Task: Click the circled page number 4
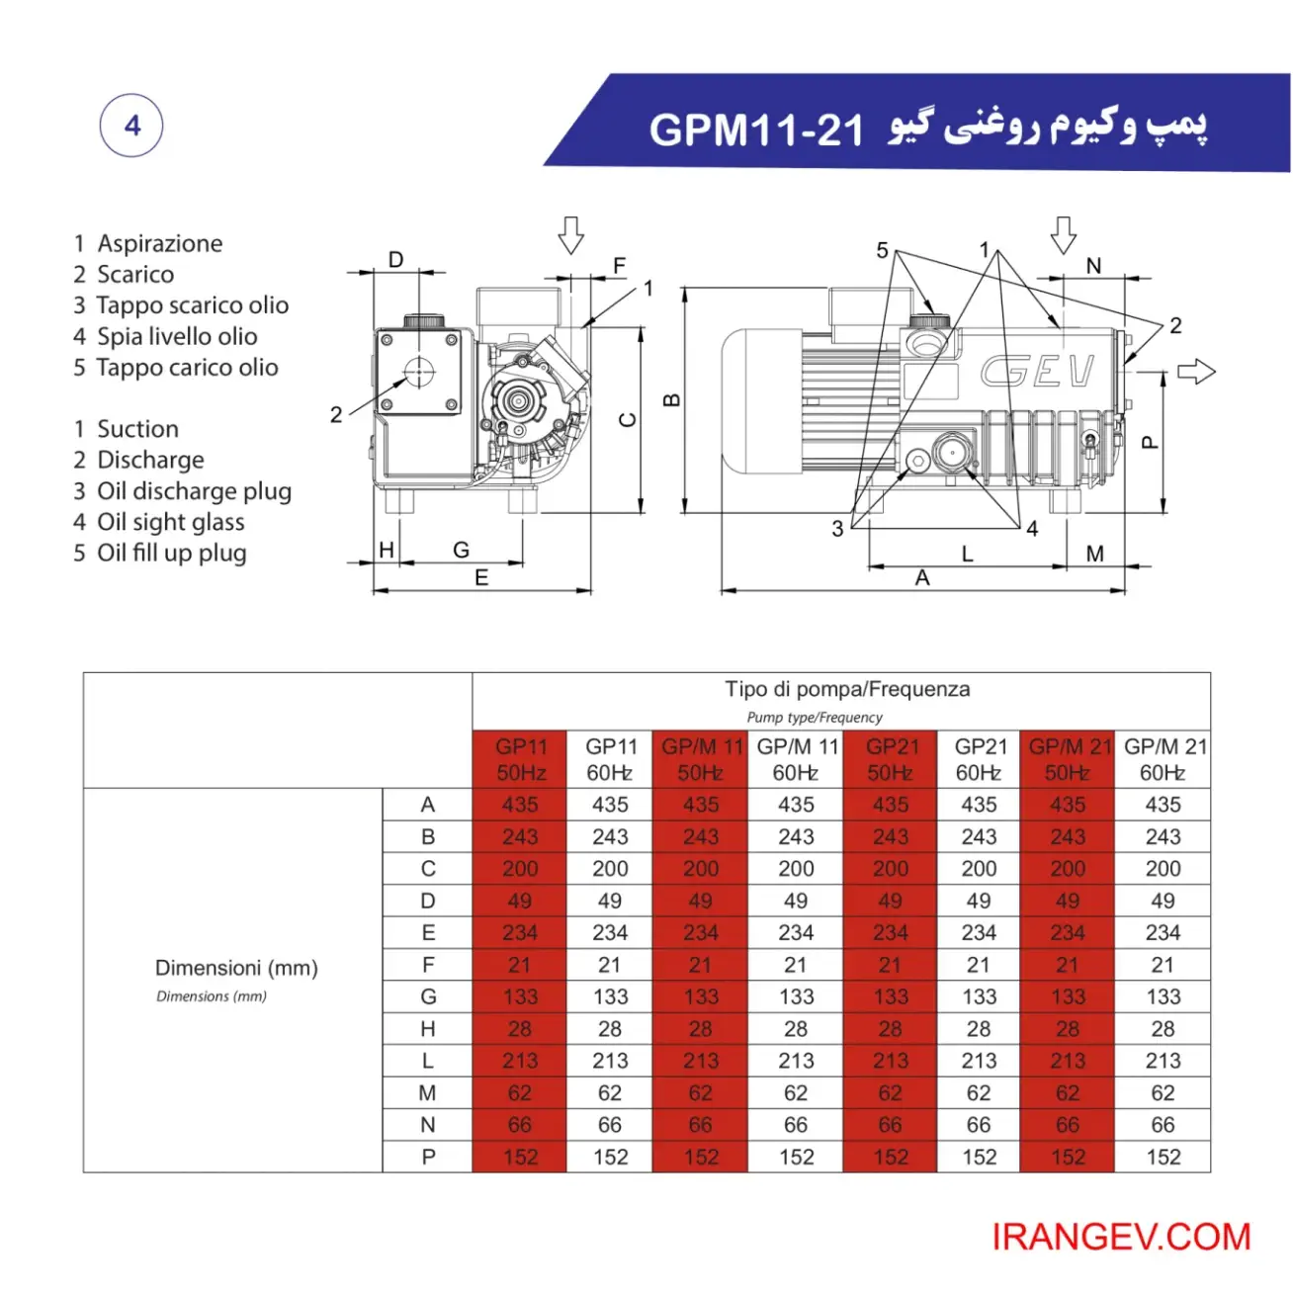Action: coord(131,126)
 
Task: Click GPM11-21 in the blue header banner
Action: coord(756,129)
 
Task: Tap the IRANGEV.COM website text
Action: coord(1121,1237)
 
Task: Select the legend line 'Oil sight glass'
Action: coord(170,522)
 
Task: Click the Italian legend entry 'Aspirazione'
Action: coord(159,243)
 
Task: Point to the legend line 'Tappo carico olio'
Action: coord(186,368)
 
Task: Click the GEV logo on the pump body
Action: coord(1037,372)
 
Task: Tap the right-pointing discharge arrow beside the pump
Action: coord(1196,372)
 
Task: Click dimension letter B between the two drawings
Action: coord(671,400)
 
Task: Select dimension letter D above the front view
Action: coord(395,260)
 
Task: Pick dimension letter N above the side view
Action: coord(1093,266)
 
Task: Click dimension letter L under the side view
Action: coord(967,555)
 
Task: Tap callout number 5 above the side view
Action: coord(882,250)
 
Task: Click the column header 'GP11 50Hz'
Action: coord(520,759)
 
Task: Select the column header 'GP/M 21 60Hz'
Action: coord(1164,759)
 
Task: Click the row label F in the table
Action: coord(427,965)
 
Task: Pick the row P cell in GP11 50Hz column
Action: coord(520,1157)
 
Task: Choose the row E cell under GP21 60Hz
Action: coord(979,932)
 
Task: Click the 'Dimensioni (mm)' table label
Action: coord(236,969)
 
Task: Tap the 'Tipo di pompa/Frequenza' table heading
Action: coord(846,689)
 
